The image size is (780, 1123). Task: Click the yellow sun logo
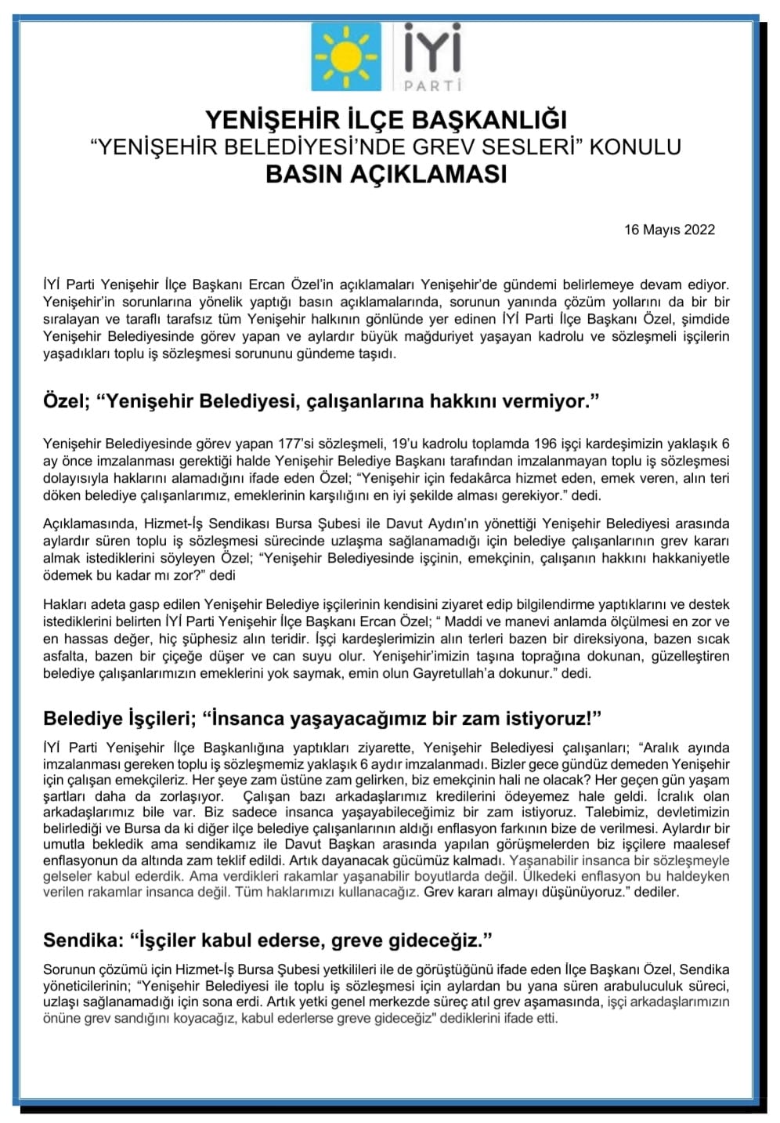(x=345, y=56)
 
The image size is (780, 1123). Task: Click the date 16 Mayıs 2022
(x=670, y=230)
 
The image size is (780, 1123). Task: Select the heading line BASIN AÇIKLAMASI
(x=386, y=173)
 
